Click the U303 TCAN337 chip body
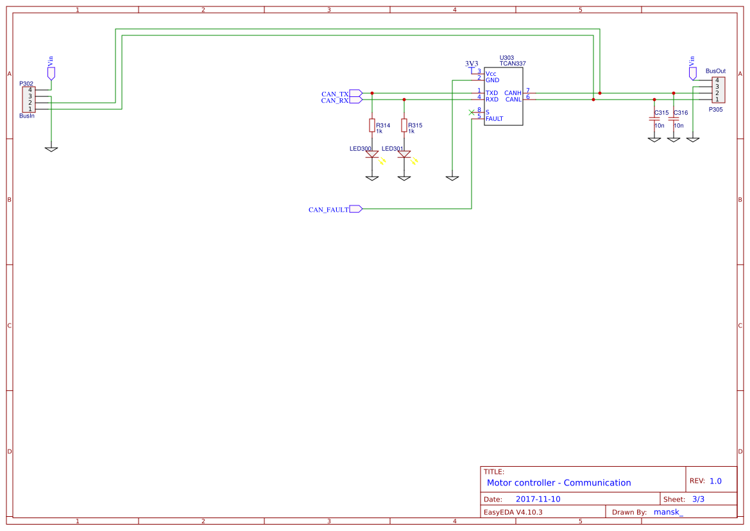coord(502,96)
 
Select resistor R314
coord(372,125)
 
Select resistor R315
coord(404,125)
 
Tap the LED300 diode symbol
coord(372,154)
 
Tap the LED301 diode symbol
coord(404,154)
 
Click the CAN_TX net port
coord(356,93)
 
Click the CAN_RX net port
coord(356,100)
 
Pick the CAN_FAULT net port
coord(356,209)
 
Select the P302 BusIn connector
coord(29,100)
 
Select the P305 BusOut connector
coord(719,90)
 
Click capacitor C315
coord(654,119)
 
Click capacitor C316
coord(674,119)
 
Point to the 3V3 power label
coord(472,64)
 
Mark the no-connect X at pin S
coord(472,112)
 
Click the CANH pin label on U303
coord(513,93)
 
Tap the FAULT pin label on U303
coord(494,119)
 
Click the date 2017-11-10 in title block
coord(538,499)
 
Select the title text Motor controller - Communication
coord(558,483)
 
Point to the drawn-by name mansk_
coord(668,512)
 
